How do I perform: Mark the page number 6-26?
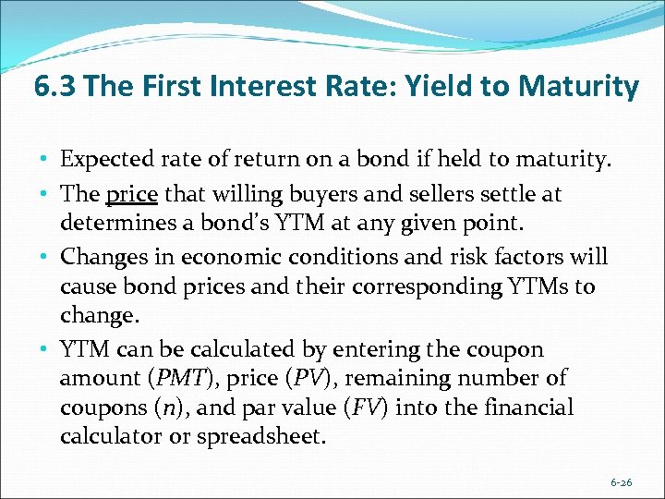[623, 481]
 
